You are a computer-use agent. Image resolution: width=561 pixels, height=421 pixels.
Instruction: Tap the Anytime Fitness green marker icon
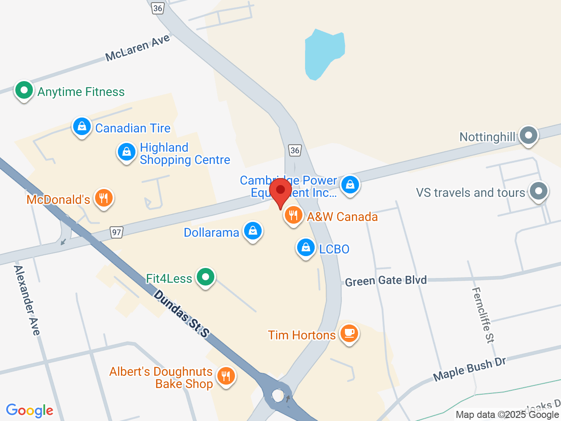(x=24, y=90)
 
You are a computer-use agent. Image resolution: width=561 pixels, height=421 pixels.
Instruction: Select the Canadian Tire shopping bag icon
(x=82, y=127)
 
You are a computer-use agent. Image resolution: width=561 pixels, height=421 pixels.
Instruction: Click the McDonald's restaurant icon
(x=103, y=198)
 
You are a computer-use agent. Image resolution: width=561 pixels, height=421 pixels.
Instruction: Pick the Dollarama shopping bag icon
(x=253, y=231)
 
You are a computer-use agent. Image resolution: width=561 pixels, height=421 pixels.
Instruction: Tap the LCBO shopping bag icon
(x=306, y=248)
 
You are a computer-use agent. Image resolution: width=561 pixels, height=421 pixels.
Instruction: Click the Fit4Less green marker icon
(x=205, y=277)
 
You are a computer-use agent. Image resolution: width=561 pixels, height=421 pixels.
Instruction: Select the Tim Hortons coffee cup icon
(x=349, y=334)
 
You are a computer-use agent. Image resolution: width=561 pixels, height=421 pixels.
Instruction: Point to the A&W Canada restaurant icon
(x=293, y=215)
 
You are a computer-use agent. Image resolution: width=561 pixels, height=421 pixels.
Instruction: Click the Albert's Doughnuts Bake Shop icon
(x=226, y=376)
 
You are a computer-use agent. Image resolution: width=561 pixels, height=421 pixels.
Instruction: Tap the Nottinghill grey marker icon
(x=529, y=135)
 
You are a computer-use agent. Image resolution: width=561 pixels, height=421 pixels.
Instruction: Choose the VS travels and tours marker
(x=539, y=191)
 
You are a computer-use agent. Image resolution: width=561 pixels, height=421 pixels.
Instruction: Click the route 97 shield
(x=116, y=232)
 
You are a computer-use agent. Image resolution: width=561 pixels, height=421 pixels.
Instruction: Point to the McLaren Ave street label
(x=138, y=48)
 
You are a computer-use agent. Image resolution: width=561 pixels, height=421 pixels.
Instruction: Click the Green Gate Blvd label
(x=386, y=281)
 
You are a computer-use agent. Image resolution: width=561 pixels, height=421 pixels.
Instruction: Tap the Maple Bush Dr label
(x=469, y=369)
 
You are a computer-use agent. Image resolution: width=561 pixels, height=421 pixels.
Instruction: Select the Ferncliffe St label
(x=483, y=314)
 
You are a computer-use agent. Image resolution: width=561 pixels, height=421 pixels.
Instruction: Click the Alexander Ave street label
(x=27, y=300)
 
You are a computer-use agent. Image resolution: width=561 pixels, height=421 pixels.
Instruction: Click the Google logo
(x=29, y=410)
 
